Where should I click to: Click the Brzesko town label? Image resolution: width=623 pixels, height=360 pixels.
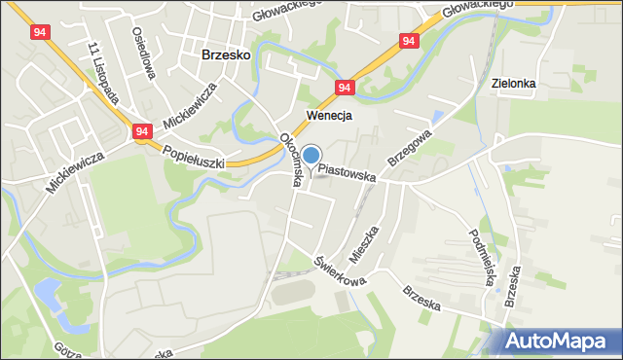click(225, 55)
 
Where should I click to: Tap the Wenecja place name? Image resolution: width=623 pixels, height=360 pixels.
click(328, 114)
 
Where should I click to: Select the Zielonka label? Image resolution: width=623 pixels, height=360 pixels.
click(515, 84)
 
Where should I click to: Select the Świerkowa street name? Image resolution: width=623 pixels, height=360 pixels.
click(339, 266)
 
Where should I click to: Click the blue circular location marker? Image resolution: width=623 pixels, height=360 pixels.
click(311, 156)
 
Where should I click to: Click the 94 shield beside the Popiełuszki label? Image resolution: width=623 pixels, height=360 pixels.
click(142, 131)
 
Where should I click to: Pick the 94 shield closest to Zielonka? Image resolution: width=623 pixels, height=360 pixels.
click(410, 41)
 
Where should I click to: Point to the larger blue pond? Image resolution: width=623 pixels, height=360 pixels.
click(47, 289)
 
